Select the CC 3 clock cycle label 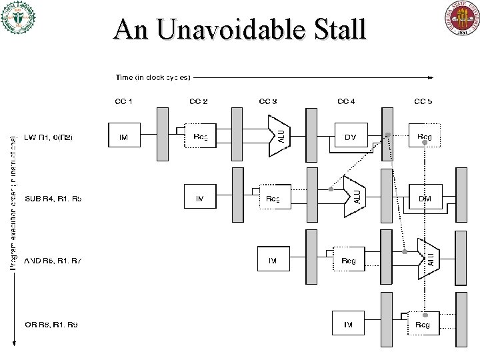point(269,101)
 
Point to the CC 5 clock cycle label point(423,101)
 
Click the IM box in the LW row point(124,137)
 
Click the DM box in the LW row point(351,137)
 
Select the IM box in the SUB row point(199,197)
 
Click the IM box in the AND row point(273,260)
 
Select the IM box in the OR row point(348,324)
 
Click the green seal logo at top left point(19,18)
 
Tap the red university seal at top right point(463,18)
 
